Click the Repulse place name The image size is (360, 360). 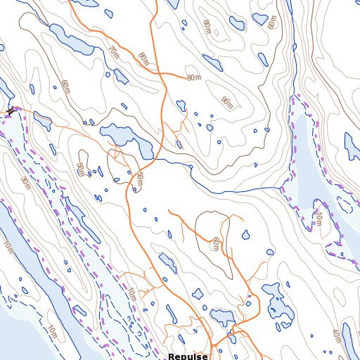188,356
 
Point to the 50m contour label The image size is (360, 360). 139,179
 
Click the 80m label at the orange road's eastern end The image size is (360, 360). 194,77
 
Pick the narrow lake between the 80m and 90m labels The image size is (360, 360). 181,105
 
